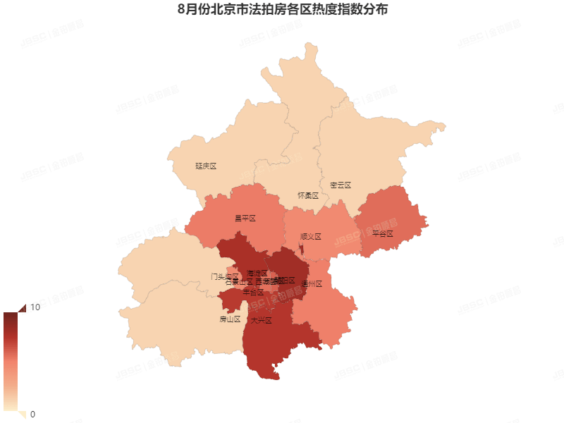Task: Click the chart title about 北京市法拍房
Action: (282, 11)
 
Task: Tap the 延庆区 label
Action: (205, 166)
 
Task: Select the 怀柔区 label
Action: (308, 195)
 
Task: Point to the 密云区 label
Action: (340, 185)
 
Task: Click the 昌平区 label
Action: (245, 219)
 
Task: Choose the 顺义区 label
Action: (310, 237)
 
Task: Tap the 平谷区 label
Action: (382, 233)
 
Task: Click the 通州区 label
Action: (311, 284)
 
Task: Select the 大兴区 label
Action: (261, 320)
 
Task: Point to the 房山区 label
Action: (230, 319)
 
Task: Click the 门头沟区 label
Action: (224, 276)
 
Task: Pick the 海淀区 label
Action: (257, 272)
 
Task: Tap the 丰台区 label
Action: (253, 292)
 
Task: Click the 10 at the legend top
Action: (35, 307)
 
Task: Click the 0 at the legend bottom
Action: (32, 414)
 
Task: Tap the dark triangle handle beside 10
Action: (21, 307)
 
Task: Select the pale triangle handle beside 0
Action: (21, 414)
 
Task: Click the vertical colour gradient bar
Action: (11, 360)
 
